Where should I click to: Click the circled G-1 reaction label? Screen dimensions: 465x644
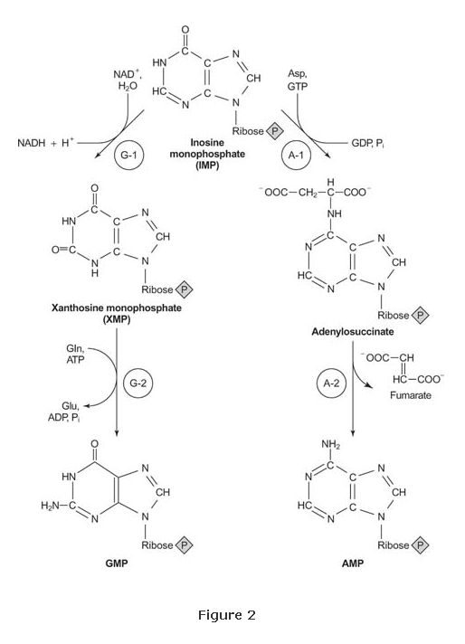click(x=128, y=155)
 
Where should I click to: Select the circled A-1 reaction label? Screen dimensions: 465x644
click(x=296, y=155)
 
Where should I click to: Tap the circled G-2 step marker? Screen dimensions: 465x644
click(x=138, y=384)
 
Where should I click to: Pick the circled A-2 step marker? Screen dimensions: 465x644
click(x=331, y=384)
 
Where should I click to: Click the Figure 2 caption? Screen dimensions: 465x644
click(x=227, y=615)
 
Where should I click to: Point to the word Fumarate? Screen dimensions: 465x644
click(x=411, y=395)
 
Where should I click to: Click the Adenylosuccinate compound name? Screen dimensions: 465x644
click(x=353, y=331)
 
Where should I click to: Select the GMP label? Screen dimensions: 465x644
click(x=117, y=563)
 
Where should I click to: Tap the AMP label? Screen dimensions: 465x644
click(x=353, y=563)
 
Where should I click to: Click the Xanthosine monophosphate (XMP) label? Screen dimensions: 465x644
click(x=117, y=313)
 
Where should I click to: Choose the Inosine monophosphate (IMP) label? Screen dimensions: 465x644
click(x=207, y=154)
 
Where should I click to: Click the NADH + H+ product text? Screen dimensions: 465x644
click(x=45, y=143)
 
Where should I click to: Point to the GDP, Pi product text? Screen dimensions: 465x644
click(x=368, y=143)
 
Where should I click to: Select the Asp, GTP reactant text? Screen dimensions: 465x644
click(x=298, y=80)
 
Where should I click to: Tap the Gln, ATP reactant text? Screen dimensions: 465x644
click(x=75, y=354)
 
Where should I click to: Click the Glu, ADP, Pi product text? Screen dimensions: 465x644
click(x=64, y=412)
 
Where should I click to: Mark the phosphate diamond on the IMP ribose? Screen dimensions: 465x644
click(x=275, y=131)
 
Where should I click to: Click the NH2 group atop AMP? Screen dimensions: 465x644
click(x=331, y=444)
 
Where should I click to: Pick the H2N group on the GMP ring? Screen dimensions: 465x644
click(x=50, y=506)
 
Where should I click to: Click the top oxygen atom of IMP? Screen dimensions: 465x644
click(x=185, y=30)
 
